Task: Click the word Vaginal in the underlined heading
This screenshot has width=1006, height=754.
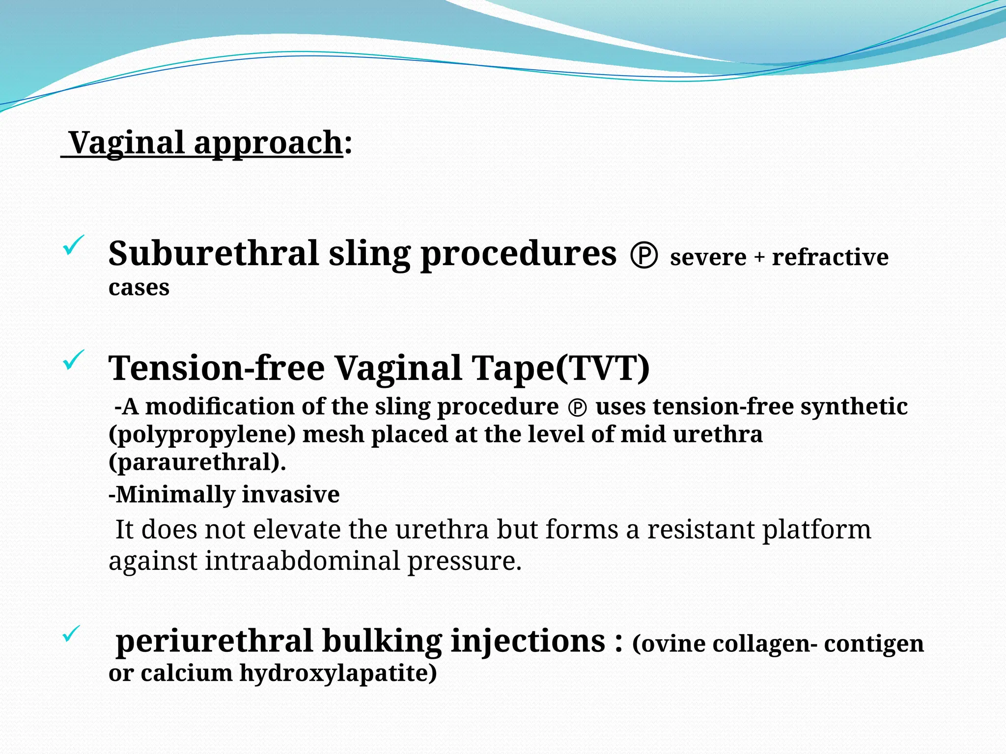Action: [127, 143]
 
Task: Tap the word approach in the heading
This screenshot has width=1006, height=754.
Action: [268, 144]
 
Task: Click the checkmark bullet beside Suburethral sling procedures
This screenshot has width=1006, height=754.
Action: [74, 245]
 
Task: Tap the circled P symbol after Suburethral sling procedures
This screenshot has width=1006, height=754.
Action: [643, 256]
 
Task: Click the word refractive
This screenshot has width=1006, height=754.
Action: [830, 257]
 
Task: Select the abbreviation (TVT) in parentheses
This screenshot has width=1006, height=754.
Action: [602, 368]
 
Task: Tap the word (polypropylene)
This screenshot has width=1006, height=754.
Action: [202, 435]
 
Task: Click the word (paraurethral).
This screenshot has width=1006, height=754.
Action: [197, 462]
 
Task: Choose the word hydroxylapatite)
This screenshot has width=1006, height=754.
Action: [338, 673]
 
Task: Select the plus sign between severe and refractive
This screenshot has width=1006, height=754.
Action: [759, 257]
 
